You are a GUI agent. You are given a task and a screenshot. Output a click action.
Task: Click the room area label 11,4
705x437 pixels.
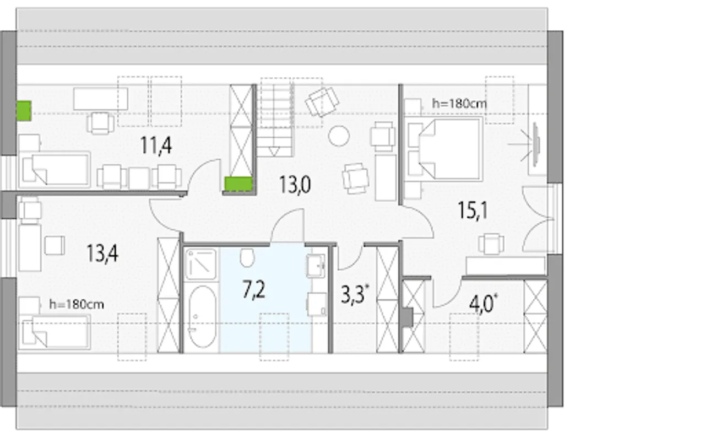click(156, 146)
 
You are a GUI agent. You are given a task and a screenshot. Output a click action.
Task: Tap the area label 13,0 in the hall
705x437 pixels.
click(295, 185)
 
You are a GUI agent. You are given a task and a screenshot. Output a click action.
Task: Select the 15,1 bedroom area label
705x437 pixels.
click(473, 211)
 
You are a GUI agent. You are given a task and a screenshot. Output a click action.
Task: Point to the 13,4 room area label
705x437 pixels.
click(102, 253)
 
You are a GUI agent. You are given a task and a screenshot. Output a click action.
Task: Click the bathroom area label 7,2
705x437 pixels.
click(254, 290)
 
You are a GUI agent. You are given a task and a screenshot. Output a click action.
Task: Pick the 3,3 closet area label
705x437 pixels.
click(354, 294)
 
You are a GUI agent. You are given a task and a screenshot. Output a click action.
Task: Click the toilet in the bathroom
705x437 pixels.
click(247, 257)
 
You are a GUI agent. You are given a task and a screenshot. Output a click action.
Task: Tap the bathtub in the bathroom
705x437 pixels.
click(202, 317)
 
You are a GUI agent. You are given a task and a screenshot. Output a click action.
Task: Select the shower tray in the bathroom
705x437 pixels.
click(201, 264)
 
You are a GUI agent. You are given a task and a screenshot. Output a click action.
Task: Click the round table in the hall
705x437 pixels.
click(339, 136)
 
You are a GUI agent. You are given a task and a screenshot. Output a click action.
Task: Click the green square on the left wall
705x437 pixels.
click(24, 111)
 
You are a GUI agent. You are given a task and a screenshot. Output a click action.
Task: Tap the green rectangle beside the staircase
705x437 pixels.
click(238, 184)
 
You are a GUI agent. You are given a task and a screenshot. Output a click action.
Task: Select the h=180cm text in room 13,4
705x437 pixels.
click(77, 304)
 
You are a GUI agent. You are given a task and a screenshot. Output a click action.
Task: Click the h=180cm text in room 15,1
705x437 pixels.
click(459, 103)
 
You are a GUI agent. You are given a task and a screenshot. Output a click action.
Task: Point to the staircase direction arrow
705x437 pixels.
click(274, 151)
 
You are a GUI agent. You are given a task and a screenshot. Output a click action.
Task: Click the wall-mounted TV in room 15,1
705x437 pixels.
click(536, 145)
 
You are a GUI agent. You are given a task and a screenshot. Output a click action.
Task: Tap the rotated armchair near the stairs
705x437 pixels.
click(322, 102)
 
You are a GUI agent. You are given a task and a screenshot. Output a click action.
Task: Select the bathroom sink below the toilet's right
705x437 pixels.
click(316, 266)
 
